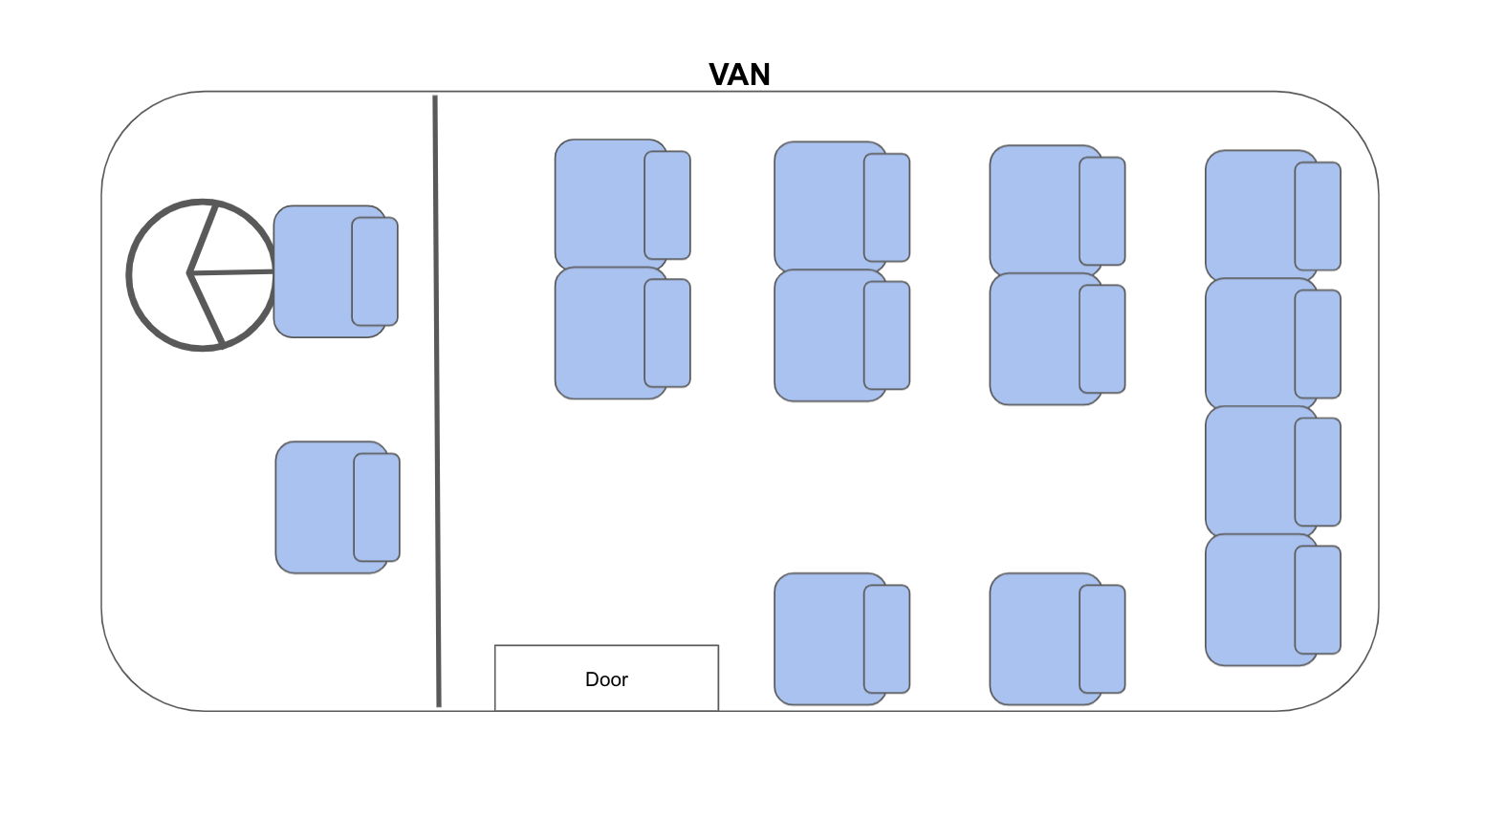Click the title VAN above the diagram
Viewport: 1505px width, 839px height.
(739, 75)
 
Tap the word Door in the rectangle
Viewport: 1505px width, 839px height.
(606, 679)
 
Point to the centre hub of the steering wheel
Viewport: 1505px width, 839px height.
(191, 274)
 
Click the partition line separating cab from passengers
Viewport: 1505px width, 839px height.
(437, 401)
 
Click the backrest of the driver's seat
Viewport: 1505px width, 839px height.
(375, 271)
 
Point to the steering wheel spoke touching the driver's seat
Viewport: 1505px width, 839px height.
(233, 273)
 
